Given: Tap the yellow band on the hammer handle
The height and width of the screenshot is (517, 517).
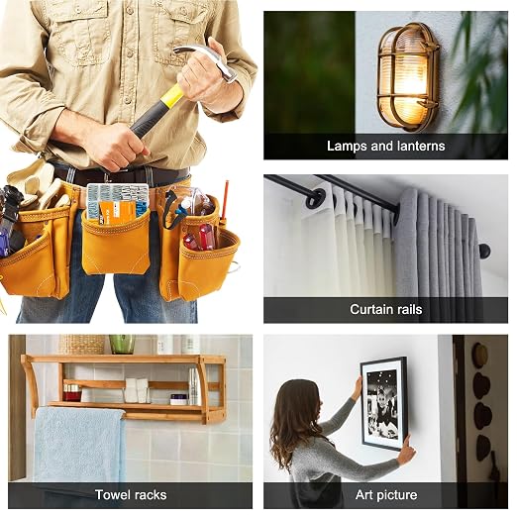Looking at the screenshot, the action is click(171, 96).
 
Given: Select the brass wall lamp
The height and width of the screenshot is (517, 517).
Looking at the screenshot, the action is click(408, 76).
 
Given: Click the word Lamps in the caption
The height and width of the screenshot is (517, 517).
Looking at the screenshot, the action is click(347, 146).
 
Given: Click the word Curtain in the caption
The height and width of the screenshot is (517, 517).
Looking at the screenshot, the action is click(370, 309).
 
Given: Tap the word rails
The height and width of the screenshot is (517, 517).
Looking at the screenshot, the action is click(408, 309).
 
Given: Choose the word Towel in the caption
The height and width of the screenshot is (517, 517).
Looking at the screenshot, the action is click(111, 495).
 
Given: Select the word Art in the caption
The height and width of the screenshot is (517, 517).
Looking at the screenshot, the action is click(363, 495).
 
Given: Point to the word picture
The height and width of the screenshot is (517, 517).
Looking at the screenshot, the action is click(397, 495).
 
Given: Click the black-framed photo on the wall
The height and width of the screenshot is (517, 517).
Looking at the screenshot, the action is click(383, 403).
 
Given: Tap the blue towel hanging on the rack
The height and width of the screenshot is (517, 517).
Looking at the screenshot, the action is click(79, 444).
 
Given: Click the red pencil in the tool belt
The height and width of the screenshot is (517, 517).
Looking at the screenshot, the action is click(227, 200).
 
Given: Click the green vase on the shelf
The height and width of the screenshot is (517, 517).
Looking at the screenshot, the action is click(122, 344).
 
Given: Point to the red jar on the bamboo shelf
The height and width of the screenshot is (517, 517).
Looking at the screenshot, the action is click(72, 393).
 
